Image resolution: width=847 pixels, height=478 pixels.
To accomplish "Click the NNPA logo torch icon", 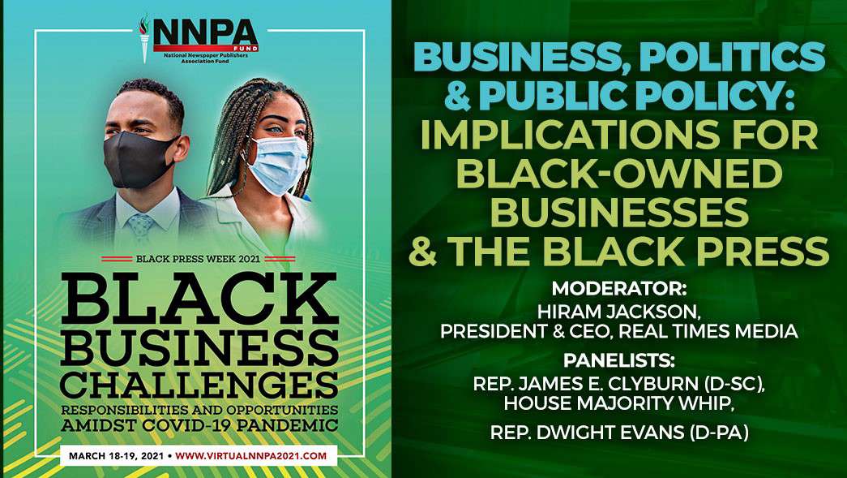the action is [144, 38].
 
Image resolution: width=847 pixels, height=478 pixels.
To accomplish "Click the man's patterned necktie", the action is [142, 226].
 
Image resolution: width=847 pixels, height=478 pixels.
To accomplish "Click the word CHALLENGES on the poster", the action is [199, 385].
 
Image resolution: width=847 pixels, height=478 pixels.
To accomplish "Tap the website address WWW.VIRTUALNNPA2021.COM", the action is [251, 456].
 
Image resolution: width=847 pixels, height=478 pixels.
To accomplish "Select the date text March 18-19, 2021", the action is [116, 456].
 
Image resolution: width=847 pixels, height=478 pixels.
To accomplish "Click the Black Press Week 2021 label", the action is [198, 258].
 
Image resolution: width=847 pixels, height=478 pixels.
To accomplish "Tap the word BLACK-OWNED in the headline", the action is [620, 174].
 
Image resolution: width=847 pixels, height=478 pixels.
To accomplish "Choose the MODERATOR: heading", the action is [619, 287].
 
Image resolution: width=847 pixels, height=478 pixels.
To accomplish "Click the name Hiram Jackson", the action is [619, 312].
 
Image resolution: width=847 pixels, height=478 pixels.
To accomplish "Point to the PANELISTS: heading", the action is [619, 360].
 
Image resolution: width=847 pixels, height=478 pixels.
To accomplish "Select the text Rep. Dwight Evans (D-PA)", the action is [619, 433].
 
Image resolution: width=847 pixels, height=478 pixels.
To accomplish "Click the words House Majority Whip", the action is [619, 403].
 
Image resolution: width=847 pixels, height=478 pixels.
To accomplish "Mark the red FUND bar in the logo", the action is [206, 48].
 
